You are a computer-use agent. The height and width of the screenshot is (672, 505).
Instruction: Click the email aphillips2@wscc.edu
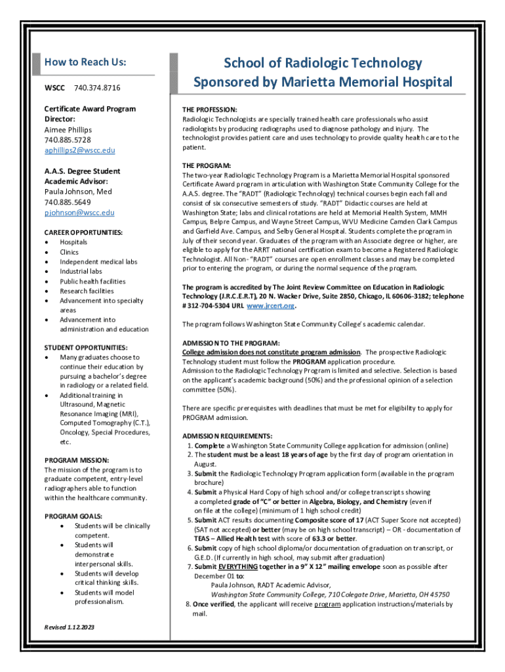pos(79,150)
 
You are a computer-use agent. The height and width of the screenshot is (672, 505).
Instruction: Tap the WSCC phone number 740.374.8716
pos(97,87)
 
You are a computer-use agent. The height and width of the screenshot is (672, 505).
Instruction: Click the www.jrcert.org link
pos(270,306)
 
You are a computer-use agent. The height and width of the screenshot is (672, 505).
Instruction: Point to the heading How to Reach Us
pos(85,62)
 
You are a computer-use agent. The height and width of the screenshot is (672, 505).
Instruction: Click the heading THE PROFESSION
pos(209,110)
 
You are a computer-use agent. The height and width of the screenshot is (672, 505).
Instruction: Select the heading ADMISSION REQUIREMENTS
pos(227,436)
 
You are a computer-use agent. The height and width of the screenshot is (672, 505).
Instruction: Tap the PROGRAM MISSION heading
pos(76,461)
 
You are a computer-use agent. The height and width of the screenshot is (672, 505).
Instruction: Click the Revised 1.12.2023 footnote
pos(69,628)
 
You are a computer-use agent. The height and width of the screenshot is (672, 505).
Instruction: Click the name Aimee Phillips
pos(68,130)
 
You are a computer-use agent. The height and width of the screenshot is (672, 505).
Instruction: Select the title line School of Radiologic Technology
pos(323,63)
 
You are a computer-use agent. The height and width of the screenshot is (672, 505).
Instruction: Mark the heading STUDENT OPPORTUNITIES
pos(86,347)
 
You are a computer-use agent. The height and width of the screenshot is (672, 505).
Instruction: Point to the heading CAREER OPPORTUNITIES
pos(83,232)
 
